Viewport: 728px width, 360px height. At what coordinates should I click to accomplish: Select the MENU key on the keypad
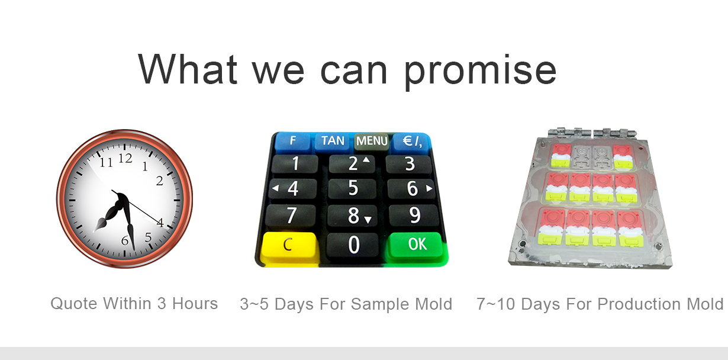[372, 141]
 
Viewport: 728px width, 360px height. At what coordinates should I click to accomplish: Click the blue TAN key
[333, 141]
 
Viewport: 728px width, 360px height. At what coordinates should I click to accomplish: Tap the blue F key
[293, 141]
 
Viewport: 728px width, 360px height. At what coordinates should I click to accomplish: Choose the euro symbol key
[412, 141]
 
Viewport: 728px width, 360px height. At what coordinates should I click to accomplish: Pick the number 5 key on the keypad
[353, 188]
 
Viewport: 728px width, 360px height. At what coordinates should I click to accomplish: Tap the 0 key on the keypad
[353, 245]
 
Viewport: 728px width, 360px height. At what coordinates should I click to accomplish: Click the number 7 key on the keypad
[291, 216]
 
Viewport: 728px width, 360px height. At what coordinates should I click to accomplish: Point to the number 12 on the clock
[125, 159]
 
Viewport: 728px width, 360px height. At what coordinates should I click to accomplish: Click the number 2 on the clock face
[159, 181]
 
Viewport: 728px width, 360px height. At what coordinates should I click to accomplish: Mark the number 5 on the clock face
[148, 237]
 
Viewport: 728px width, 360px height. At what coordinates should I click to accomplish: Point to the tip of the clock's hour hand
[94, 232]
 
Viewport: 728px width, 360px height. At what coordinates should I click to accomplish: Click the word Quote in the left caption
[74, 304]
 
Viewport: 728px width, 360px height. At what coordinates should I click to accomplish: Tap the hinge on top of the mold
[591, 133]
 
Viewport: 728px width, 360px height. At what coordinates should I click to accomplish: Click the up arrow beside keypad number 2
[366, 159]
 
